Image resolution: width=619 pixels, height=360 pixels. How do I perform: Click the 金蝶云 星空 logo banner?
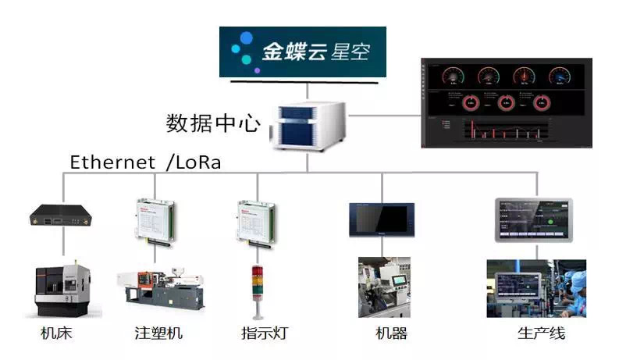pos(302,52)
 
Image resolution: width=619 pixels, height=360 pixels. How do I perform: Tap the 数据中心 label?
pos(212,123)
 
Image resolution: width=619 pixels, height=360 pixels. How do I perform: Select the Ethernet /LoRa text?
pos(146,162)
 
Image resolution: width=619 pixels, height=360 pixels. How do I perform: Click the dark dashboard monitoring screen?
pos(505,102)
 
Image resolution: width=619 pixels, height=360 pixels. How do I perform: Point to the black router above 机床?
pos(62,218)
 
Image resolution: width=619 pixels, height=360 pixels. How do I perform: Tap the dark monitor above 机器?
pos(382,219)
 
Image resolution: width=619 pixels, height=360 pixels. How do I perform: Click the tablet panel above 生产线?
pos(534,219)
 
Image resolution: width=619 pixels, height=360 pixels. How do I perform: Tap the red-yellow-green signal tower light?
pos(255,290)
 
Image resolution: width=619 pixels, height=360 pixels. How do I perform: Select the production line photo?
pos(535,288)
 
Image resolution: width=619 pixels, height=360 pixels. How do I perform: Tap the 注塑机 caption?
pos(158,333)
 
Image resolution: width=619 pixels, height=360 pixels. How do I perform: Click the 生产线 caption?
pos(541,333)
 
